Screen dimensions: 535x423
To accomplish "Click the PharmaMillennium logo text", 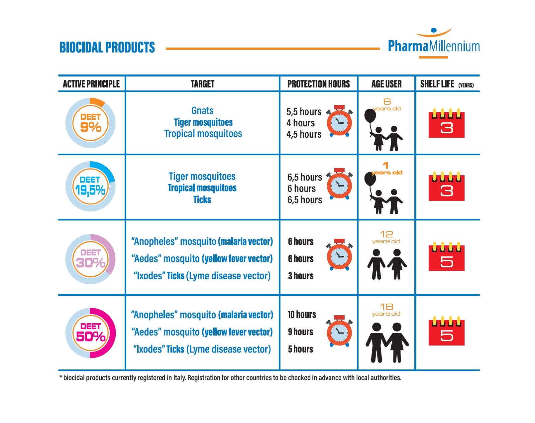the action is click(434, 46).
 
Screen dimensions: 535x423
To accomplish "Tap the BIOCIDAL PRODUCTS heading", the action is click(107, 47).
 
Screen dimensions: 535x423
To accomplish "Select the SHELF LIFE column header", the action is click(447, 84).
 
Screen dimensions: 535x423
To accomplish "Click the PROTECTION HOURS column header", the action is click(318, 84).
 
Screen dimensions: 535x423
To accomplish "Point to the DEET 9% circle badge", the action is click(90, 123).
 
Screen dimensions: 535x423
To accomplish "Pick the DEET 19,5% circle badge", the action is click(90, 186).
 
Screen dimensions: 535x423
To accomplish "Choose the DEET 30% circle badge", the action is click(90, 259).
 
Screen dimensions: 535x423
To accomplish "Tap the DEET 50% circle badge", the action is click(90, 333).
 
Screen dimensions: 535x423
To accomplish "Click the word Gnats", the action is click(202, 111).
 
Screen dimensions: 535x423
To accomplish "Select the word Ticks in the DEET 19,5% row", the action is click(202, 200).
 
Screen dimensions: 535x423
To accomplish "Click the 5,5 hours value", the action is click(304, 112).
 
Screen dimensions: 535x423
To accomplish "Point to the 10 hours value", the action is click(302, 315).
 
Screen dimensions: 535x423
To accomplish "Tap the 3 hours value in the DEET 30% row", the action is click(301, 276).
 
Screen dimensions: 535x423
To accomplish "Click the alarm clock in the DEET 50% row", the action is click(339, 331).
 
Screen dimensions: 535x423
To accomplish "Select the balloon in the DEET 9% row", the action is click(370, 116).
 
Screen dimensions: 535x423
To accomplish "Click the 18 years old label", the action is click(386, 310).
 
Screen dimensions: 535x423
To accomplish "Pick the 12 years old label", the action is click(386, 237).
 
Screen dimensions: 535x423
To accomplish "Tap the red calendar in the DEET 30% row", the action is click(447, 256).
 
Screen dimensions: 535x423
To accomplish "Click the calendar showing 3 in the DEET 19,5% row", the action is click(447, 186).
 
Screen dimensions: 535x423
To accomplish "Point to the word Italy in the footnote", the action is click(179, 378).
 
